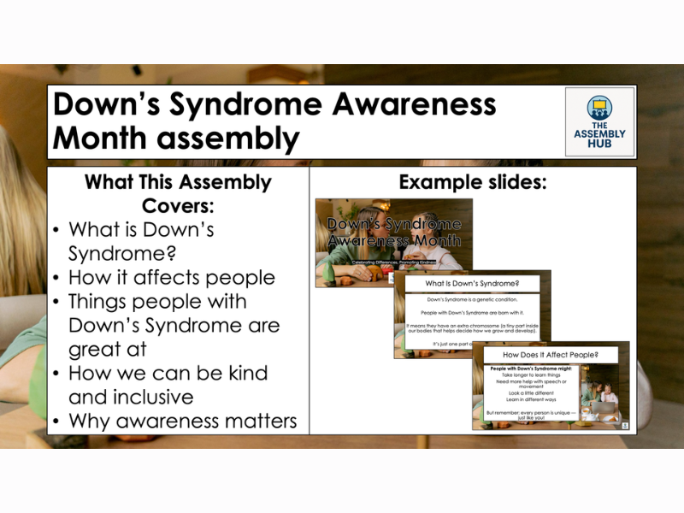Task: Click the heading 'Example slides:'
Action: tap(473, 182)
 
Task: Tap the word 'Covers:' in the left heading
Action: tap(178, 206)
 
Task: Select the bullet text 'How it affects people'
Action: tap(172, 278)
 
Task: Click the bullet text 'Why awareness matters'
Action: tap(182, 421)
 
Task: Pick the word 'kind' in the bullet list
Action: tap(245, 374)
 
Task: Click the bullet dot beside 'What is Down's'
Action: tap(56, 231)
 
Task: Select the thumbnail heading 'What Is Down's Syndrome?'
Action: tap(473, 283)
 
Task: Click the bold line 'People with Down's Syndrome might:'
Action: tap(531, 368)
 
